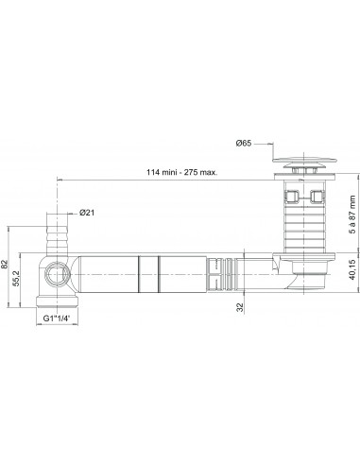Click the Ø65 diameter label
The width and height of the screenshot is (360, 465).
(244, 143)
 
